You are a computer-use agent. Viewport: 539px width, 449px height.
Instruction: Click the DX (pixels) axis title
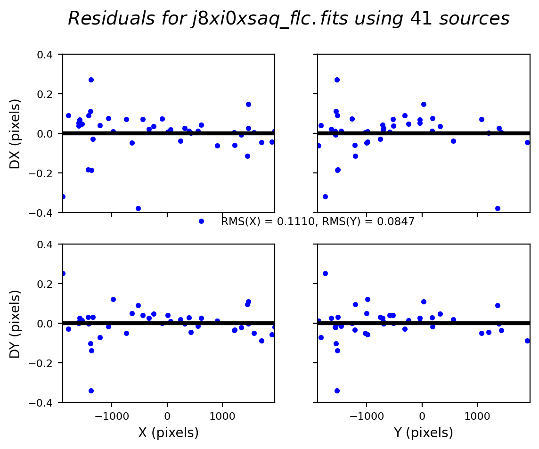16,133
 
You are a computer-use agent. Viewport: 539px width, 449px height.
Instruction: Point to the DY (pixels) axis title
16,323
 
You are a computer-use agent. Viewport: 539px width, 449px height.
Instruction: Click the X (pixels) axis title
168,433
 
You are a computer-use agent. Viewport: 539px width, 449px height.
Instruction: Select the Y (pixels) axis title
423,433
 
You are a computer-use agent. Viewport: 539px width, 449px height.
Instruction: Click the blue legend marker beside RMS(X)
201,221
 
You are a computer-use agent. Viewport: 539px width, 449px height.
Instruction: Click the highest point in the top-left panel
91,80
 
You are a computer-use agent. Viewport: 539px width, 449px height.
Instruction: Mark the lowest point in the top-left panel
138,208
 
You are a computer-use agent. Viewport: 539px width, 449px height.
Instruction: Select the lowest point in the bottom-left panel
91,391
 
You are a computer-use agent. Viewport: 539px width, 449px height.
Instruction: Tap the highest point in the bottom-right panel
325,273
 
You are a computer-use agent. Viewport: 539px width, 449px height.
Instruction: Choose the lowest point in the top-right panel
498,208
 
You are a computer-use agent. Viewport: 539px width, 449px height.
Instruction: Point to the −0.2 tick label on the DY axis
46,363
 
